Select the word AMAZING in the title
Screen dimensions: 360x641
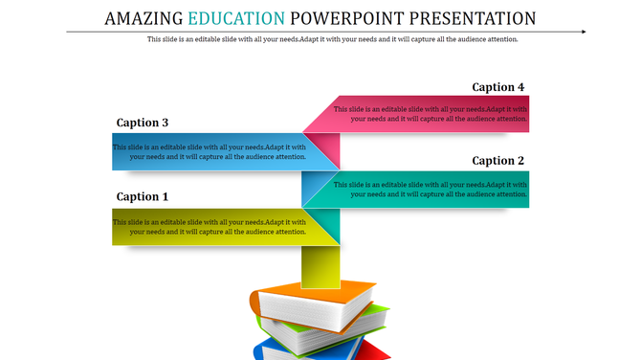(x=144, y=18)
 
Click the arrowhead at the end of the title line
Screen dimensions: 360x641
(x=583, y=32)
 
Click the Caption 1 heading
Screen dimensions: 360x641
(x=143, y=196)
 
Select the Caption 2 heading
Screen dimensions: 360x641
(x=498, y=161)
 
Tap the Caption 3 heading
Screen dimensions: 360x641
(x=143, y=123)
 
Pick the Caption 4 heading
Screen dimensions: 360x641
(x=498, y=87)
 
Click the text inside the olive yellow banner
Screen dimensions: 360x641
(x=210, y=227)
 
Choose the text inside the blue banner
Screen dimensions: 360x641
(x=210, y=152)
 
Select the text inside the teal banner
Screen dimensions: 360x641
(x=431, y=189)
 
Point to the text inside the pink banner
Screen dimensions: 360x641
(x=431, y=114)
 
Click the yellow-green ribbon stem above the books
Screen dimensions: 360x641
(x=320, y=265)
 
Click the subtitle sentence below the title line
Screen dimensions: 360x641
(x=332, y=39)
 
